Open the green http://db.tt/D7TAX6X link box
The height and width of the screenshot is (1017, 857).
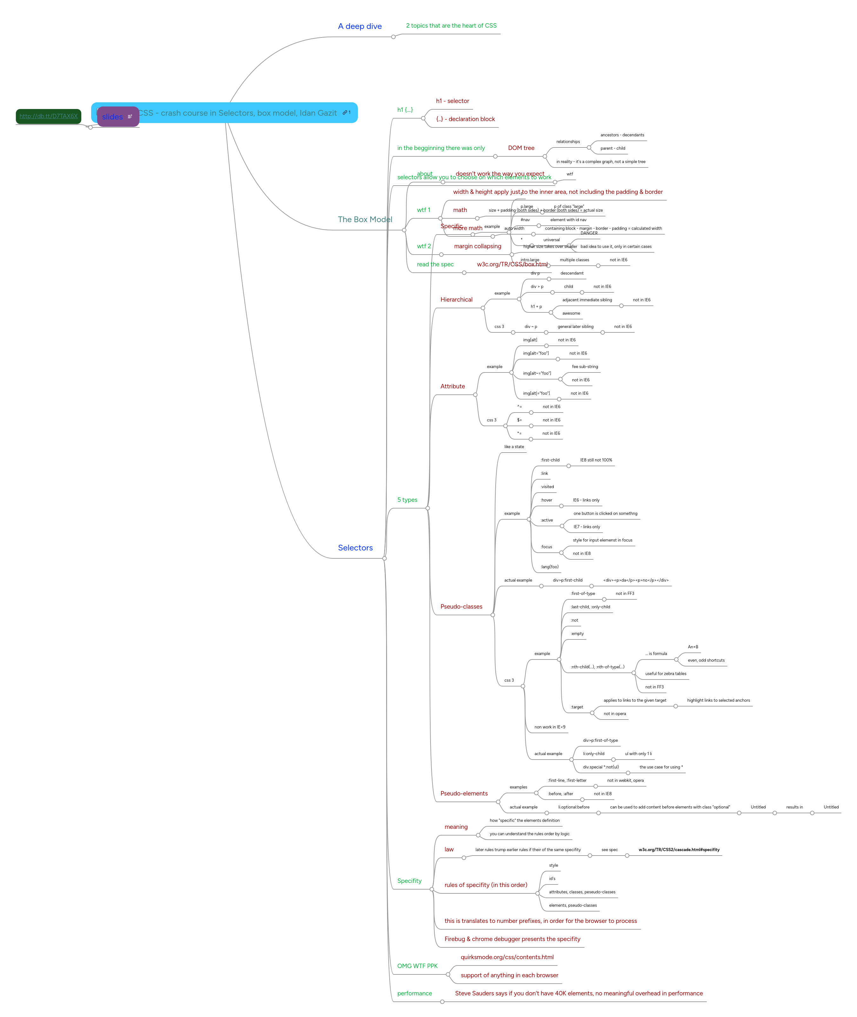pyautogui.click(x=49, y=116)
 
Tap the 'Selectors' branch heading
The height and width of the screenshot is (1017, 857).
pyautogui.click(x=355, y=548)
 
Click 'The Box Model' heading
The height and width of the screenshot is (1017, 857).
pyautogui.click(x=365, y=220)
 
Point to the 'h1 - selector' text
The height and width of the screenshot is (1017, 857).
pyautogui.click(x=452, y=101)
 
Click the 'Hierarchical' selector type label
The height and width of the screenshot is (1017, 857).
pyautogui.click(x=456, y=300)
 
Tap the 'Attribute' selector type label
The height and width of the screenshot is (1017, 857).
pyautogui.click(x=452, y=386)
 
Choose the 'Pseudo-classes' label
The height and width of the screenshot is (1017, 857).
pyautogui.click(x=461, y=607)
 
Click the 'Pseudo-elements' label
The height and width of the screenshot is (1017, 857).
pyautogui.click(x=464, y=793)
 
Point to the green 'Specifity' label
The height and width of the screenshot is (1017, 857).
pyautogui.click(x=409, y=881)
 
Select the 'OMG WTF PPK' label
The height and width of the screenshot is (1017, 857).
pyautogui.click(x=417, y=966)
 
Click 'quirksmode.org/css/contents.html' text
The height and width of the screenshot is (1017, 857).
pyautogui.click(x=507, y=957)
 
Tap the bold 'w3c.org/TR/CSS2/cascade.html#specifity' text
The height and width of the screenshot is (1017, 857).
pyautogui.click(x=679, y=850)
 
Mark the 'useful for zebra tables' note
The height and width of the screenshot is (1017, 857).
pyautogui.click(x=666, y=674)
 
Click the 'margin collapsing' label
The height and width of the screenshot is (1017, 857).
pyautogui.click(x=477, y=247)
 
